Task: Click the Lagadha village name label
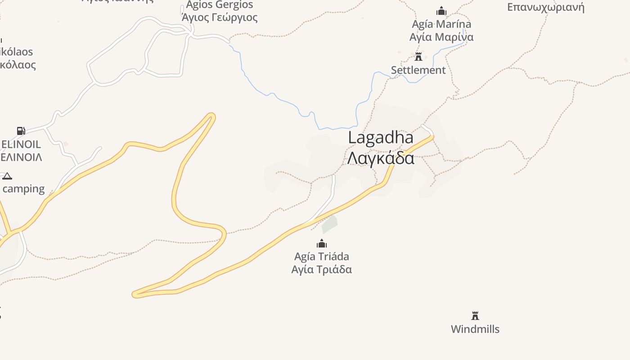381,138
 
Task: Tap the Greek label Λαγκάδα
381,158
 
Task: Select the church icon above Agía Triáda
322,244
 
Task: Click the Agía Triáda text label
322,256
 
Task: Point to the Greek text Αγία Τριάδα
322,270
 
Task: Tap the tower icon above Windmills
475,315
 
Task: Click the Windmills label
475,329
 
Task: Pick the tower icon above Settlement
418,57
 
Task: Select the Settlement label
418,70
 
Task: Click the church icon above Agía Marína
441,11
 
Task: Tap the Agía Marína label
441,24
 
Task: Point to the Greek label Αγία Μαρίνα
441,37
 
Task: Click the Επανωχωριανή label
545,7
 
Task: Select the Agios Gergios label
220,5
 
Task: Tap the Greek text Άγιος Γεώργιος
220,18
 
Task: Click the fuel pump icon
21,131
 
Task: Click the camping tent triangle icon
7,176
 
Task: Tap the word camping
24,189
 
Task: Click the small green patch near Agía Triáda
330,224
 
